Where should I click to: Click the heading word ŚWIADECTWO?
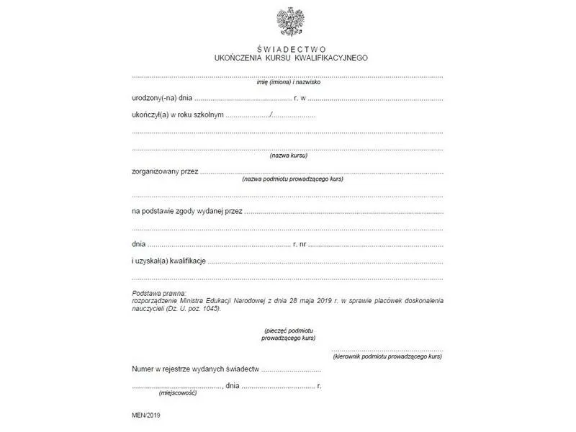(x=287, y=48)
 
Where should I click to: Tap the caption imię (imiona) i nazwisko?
(x=288, y=82)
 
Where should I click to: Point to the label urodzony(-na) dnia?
(x=162, y=97)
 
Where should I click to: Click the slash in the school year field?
(x=271, y=115)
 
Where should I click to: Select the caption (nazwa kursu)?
(x=288, y=156)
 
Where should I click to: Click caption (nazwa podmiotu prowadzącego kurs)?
(x=292, y=179)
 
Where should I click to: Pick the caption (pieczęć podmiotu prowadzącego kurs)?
(x=289, y=333)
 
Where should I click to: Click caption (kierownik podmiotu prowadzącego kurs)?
(x=387, y=356)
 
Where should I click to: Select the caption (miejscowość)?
(x=178, y=393)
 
